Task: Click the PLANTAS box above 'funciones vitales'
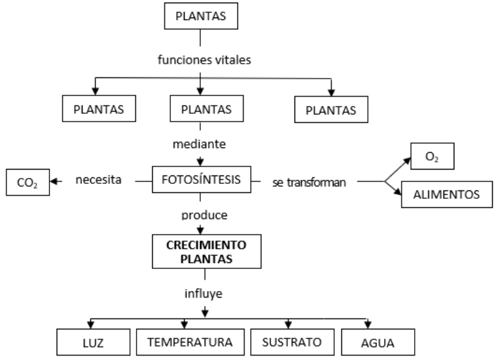200,16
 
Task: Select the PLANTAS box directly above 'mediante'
201,109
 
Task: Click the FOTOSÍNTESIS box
202,179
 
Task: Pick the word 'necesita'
98,180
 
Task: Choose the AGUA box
369,341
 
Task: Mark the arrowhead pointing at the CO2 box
55,181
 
